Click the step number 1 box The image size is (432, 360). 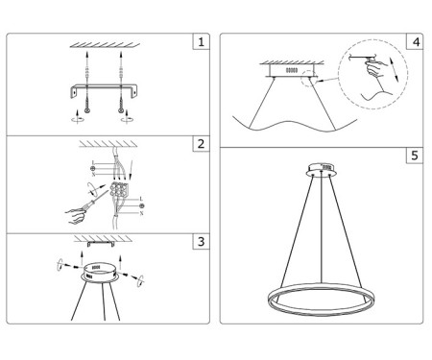[200, 43]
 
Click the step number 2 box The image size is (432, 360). [200, 145]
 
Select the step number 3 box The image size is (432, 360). [200, 241]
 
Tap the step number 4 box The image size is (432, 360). [414, 43]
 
